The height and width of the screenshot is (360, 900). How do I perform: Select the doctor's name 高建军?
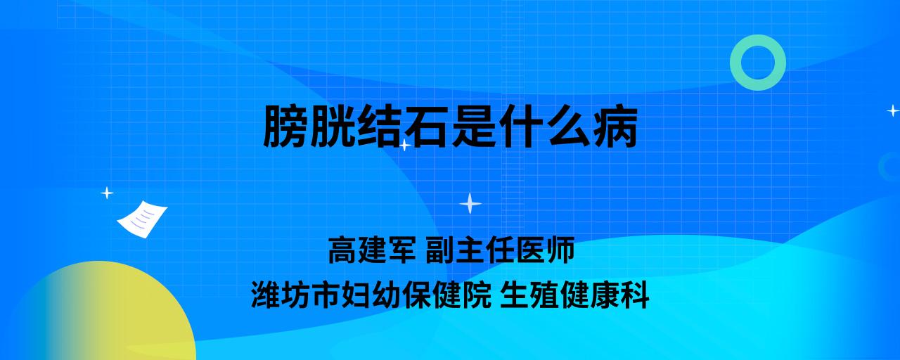click(x=372, y=250)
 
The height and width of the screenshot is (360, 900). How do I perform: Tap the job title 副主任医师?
click(x=500, y=250)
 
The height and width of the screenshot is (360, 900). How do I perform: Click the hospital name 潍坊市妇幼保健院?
click(x=371, y=295)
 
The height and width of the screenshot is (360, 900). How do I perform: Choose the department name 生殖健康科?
click(x=574, y=295)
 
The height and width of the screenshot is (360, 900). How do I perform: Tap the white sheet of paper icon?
click(x=142, y=219)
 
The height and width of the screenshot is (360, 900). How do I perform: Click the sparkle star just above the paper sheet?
click(x=107, y=193)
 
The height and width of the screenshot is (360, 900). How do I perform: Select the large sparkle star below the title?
click(x=470, y=204)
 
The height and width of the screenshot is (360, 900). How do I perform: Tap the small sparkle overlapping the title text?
click(x=404, y=145)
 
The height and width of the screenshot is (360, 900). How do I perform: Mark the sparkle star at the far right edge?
click(x=893, y=110)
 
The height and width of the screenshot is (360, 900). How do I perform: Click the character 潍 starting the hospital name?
click(x=266, y=295)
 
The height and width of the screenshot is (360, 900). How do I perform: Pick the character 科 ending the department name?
click(x=635, y=295)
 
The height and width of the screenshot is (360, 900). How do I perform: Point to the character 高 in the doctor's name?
click(x=342, y=250)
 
